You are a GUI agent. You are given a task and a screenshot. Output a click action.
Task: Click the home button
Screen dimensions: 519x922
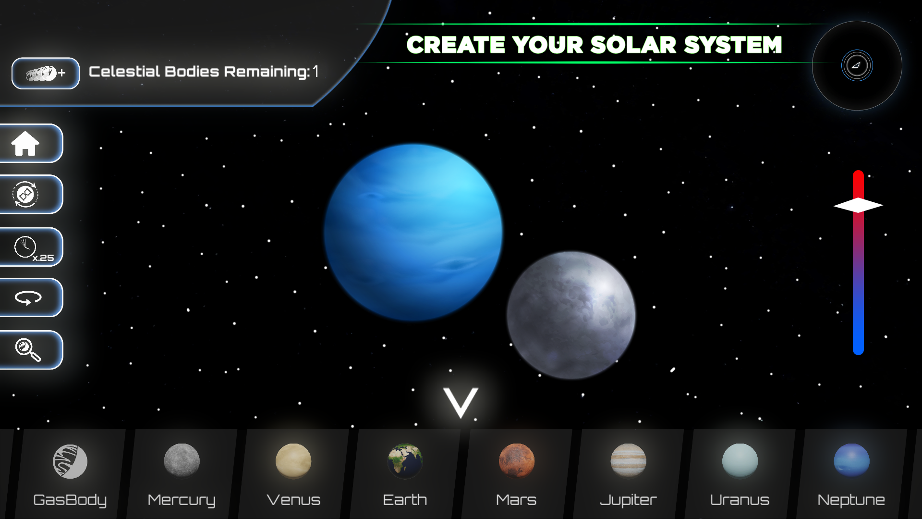coord(26,144)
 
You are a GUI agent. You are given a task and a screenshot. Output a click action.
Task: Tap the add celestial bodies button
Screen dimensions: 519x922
coord(46,73)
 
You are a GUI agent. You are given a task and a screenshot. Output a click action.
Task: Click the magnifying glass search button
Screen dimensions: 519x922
coord(28,350)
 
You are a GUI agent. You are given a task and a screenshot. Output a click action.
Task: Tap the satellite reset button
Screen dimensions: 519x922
coord(26,195)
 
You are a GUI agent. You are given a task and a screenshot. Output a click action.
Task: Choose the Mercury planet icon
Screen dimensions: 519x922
coord(182,461)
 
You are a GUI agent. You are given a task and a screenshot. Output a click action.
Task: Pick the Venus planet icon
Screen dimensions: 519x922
coord(293,461)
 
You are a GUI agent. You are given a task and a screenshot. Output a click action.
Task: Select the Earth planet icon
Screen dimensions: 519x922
coord(405,461)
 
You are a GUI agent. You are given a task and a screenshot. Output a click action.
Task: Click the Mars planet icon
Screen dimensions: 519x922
coord(516,461)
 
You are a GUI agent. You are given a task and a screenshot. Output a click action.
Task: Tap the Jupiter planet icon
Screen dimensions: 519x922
coord(628,461)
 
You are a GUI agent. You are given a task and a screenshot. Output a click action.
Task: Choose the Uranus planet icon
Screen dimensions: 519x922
coord(740,461)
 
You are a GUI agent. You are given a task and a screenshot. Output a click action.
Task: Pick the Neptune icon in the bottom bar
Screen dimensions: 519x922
coord(851,461)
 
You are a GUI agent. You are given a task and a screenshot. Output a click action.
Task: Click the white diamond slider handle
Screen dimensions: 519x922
coord(858,205)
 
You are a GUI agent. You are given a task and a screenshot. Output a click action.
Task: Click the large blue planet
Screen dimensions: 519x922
coord(413,232)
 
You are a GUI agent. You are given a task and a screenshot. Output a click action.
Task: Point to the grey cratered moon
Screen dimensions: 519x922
coord(571,315)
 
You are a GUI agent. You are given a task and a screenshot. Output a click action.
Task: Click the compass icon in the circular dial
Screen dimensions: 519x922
coord(857,65)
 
